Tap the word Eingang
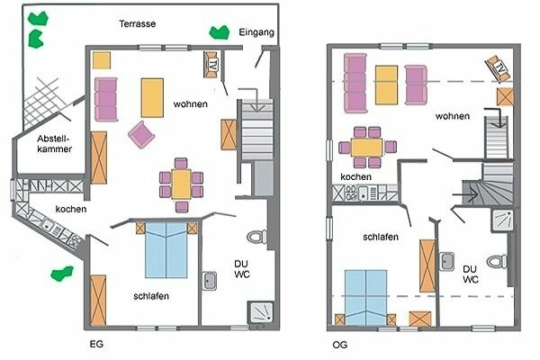click(256, 33)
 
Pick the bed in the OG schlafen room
click(367, 294)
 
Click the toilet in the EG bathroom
click(257, 237)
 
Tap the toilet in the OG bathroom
click(497, 261)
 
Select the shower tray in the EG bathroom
click(263, 310)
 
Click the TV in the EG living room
click(212, 65)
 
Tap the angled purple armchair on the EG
click(142, 135)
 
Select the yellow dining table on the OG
click(367, 146)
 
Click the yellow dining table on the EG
click(181, 184)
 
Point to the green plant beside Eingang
click(219, 32)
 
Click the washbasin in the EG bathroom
click(210, 281)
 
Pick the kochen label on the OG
click(355, 178)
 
